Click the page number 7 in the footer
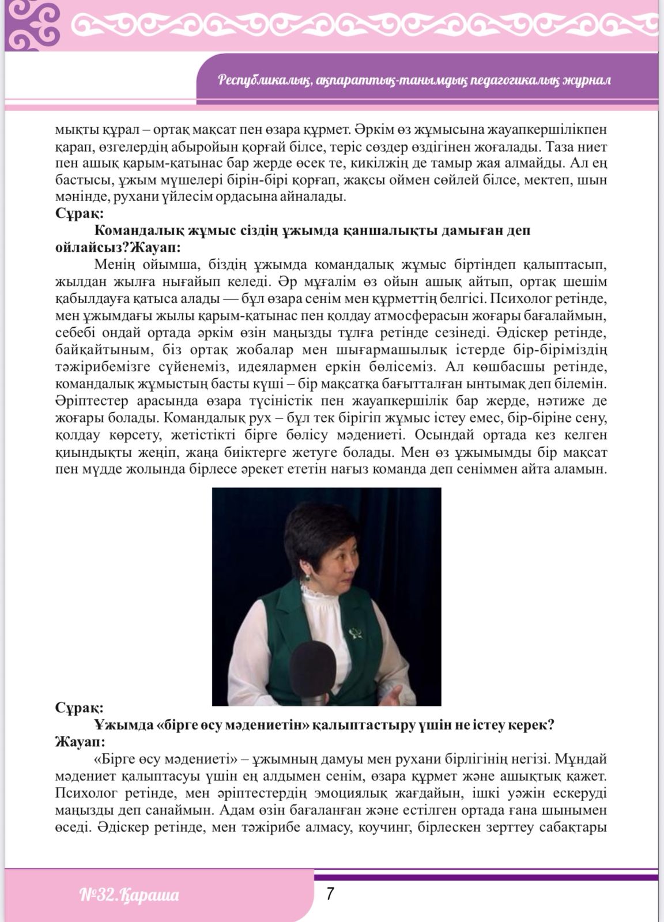pyautogui.click(x=330, y=894)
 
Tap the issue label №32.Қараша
pyautogui.click(x=129, y=895)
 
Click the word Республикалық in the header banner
pyautogui.click(x=264, y=80)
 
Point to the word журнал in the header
pyautogui.click(x=587, y=80)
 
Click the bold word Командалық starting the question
pyautogui.click(x=137, y=231)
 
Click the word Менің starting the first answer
pyautogui.click(x=114, y=265)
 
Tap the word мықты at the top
pyautogui.click(x=74, y=129)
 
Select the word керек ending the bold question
pyautogui.click(x=530, y=724)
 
